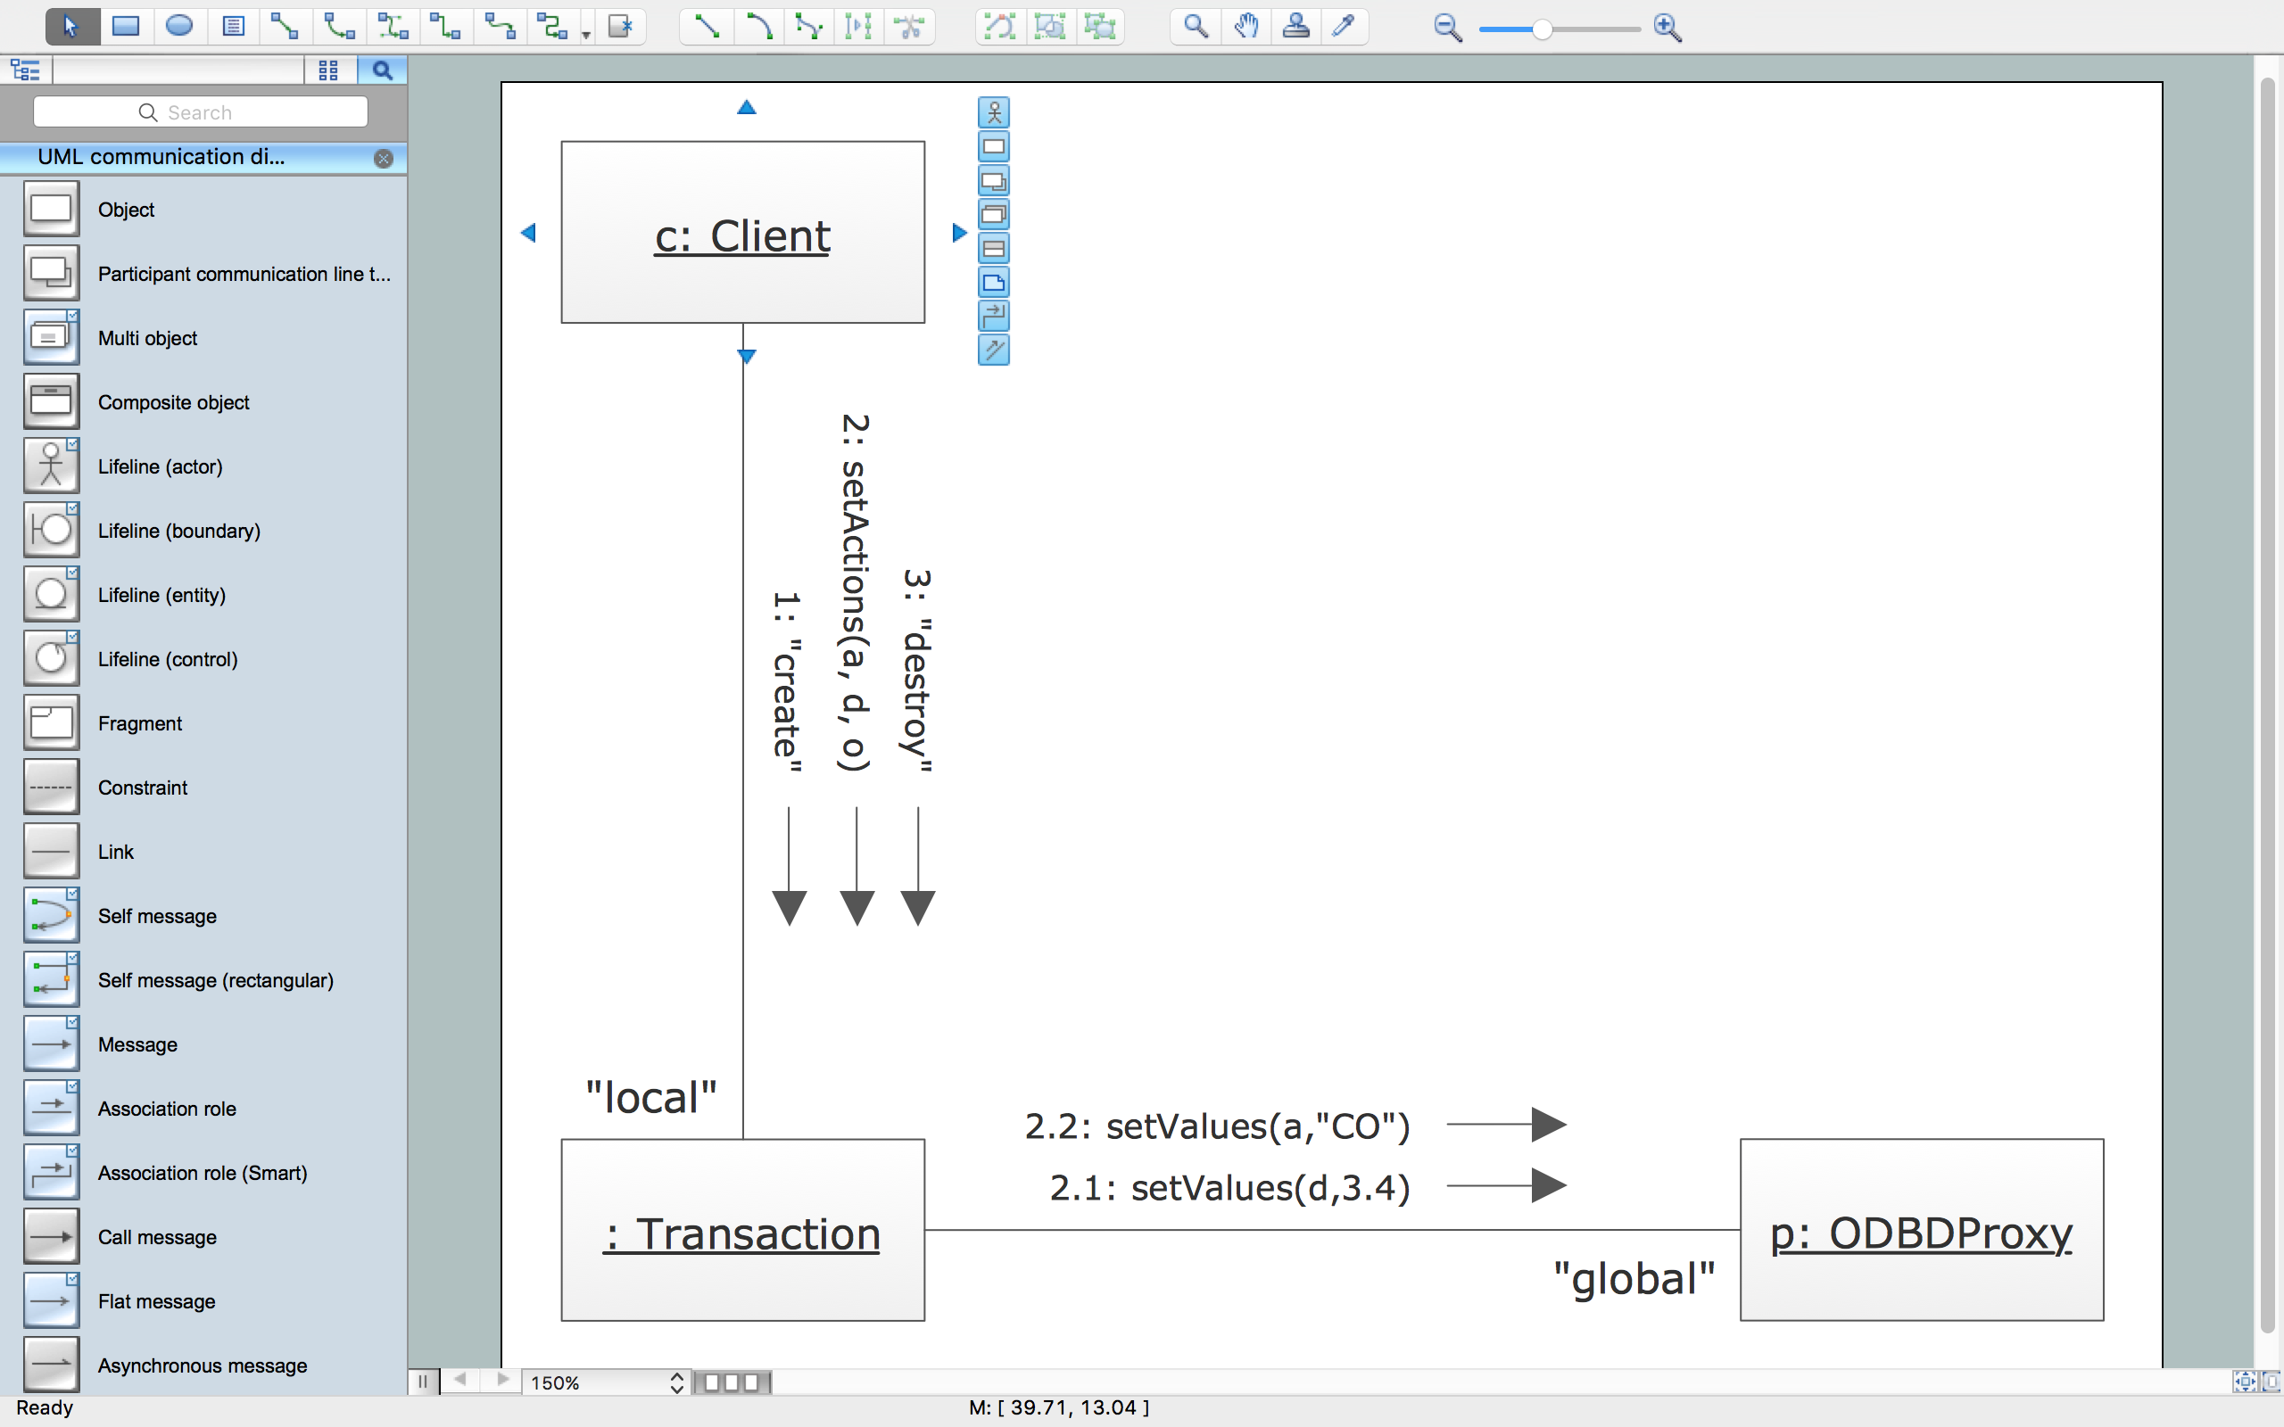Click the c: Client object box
pos(743,232)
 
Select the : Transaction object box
pos(743,1230)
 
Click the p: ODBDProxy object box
pos(1922,1230)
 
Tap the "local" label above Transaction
pos(651,1098)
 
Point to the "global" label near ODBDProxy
pos(1634,1279)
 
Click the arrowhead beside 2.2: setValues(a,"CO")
pos(1549,1124)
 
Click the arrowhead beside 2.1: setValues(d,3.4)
pos(1549,1185)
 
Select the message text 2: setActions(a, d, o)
pos(854,593)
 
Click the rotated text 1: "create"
pos(787,682)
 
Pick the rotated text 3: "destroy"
pos(917,671)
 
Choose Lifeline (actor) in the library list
pos(161,466)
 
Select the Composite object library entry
pos(174,402)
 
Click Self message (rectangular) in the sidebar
pos(215,980)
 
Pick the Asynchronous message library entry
pos(202,1365)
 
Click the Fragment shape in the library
pos(140,724)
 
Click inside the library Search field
pos(200,112)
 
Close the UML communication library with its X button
pos(383,159)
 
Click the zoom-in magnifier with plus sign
pos(1667,29)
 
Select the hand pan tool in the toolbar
pos(1245,27)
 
